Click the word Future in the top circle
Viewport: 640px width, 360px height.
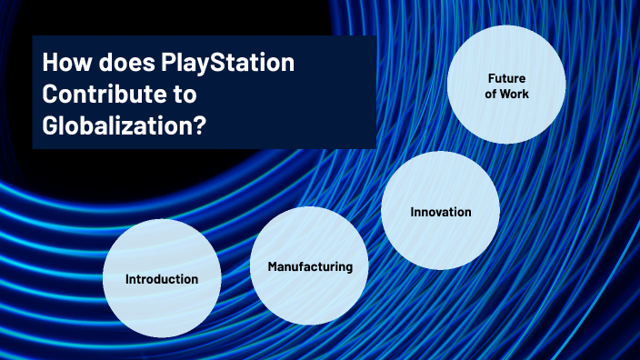coord(506,79)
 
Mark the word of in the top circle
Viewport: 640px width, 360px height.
coord(491,95)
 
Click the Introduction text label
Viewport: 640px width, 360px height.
coord(162,279)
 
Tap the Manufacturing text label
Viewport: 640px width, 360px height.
coord(309,267)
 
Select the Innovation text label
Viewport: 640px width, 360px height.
coord(440,212)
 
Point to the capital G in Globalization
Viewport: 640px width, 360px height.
coord(51,125)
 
